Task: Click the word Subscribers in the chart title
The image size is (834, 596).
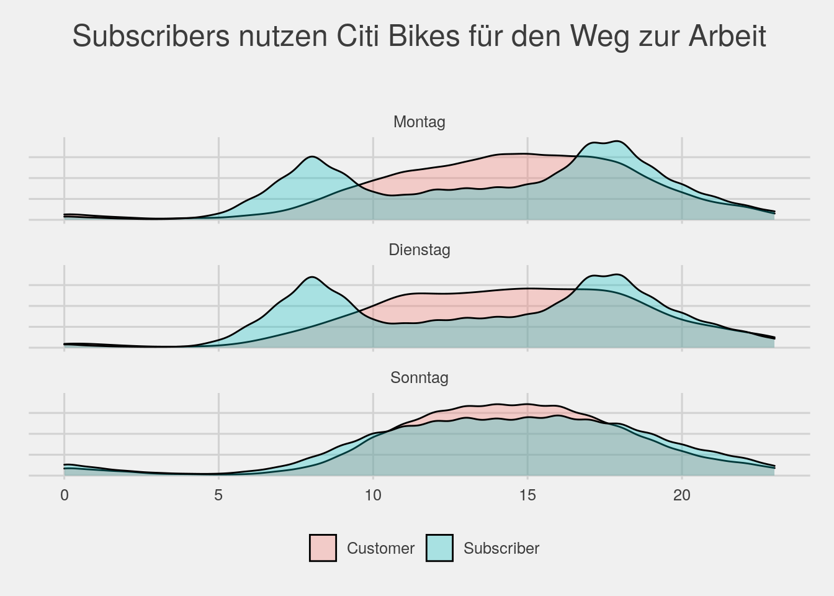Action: (151, 36)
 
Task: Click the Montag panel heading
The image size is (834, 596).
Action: (419, 122)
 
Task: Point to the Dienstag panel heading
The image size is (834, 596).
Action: (419, 250)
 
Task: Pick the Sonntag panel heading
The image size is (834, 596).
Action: (419, 377)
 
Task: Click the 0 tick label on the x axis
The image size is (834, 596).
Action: (64, 495)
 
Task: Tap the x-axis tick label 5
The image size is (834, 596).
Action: (218, 495)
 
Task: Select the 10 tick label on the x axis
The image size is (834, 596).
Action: (373, 495)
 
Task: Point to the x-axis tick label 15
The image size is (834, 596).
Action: (527, 495)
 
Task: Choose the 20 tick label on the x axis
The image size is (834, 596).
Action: (682, 495)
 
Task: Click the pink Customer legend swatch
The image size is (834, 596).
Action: (323, 548)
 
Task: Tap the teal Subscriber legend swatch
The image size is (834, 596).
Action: (439, 548)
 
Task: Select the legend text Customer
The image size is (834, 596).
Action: (380, 548)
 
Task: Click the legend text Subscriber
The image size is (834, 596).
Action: (501, 548)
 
